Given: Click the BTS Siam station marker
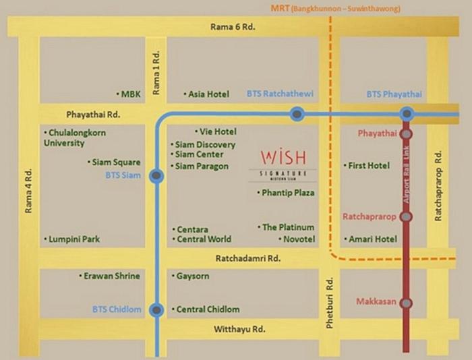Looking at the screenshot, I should click(156, 177).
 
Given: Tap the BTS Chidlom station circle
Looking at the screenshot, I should click(156, 310).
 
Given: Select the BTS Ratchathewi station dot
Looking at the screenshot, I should click(297, 115).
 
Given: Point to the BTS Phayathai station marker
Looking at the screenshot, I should click(407, 115).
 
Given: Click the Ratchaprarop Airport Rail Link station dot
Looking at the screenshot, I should click(407, 217).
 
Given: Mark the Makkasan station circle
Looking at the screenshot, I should click(407, 303).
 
